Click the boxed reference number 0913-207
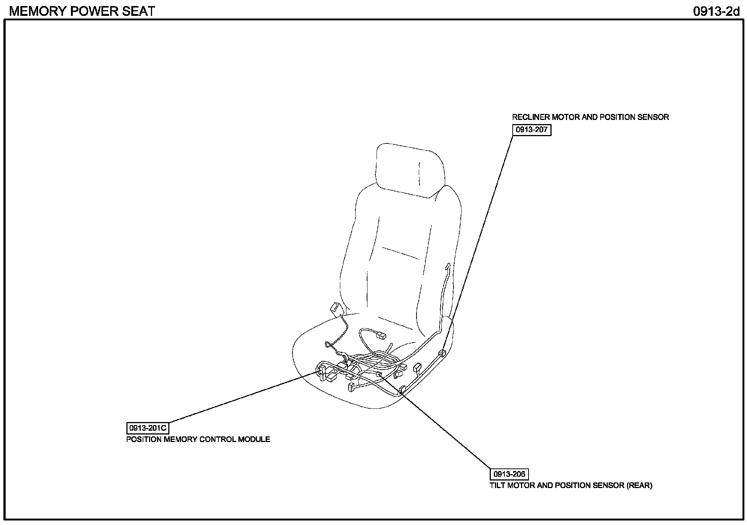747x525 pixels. click(x=531, y=130)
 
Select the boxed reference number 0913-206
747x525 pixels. click(x=509, y=474)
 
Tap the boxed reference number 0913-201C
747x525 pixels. click(x=148, y=428)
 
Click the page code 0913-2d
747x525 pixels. click(x=716, y=11)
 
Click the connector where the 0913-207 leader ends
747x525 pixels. click(x=442, y=353)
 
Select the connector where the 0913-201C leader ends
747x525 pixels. click(x=322, y=371)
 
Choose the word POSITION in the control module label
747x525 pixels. click(x=144, y=439)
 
